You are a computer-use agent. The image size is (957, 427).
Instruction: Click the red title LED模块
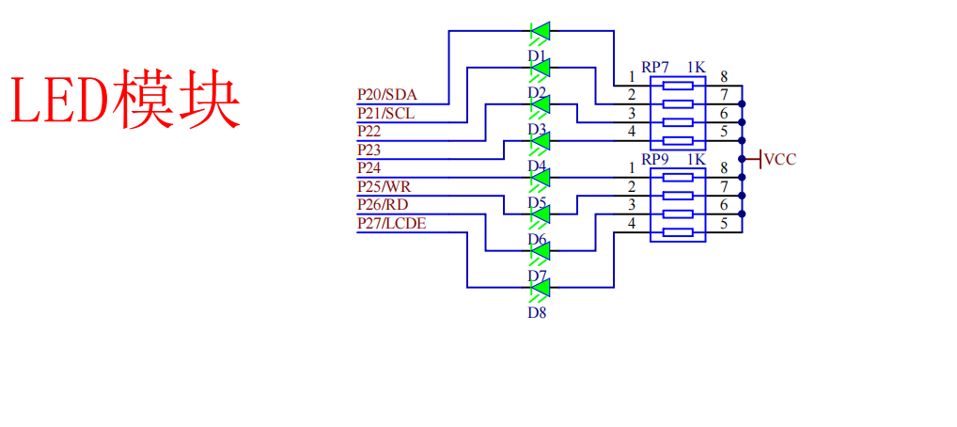point(125,98)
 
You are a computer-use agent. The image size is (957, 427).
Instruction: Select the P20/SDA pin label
point(387,95)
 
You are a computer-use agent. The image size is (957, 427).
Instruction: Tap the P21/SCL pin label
point(386,113)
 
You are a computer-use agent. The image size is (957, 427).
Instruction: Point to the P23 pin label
point(370,150)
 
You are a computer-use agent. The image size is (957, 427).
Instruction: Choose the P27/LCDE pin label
point(391,223)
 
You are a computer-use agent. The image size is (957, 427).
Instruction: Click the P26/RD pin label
point(383,204)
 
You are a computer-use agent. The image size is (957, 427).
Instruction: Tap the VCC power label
point(780,160)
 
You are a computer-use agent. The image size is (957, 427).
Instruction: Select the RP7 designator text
point(655,66)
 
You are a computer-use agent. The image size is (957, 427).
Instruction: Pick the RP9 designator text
point(655,159)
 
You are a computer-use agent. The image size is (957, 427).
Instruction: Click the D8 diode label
point(538,313)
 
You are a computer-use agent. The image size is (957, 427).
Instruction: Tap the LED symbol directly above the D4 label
point(541,141)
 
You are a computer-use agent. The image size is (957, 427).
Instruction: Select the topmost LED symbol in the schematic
point(541,31)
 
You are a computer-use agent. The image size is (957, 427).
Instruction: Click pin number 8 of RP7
point(723,77)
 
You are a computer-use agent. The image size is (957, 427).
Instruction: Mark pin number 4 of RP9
point(632,224)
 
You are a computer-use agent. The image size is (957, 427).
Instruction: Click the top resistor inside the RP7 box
point(678,86)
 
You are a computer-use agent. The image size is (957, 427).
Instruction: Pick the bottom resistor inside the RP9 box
point(678,232)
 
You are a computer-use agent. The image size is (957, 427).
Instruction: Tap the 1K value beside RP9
point(697,159)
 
